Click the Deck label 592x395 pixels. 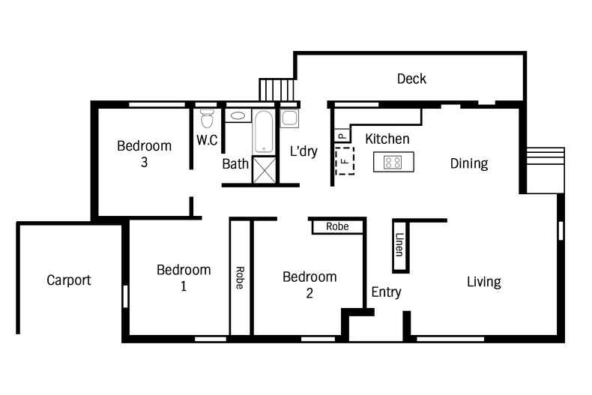coord(411,79)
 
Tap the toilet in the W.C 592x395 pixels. coord(208,118)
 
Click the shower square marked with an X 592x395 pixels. coord(264,169)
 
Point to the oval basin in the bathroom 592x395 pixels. coord(237,116)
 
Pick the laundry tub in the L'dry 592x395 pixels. coord(289,118)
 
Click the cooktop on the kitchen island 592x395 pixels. coord(393,161)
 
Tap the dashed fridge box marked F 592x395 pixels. coord(344,160)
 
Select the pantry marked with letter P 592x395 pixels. coord(341,136)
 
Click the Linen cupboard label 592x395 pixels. coord(399,245)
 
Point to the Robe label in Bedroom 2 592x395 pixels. coord(336,226)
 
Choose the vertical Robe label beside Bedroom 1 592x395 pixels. coord(240,278)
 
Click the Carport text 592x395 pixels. coord(69,280)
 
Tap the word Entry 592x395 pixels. coord(386,292)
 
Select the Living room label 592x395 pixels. coord(483,282)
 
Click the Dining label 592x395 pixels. coord(468,163)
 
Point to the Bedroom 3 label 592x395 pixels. coord(144,154)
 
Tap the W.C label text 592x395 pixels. coord(208,140)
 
